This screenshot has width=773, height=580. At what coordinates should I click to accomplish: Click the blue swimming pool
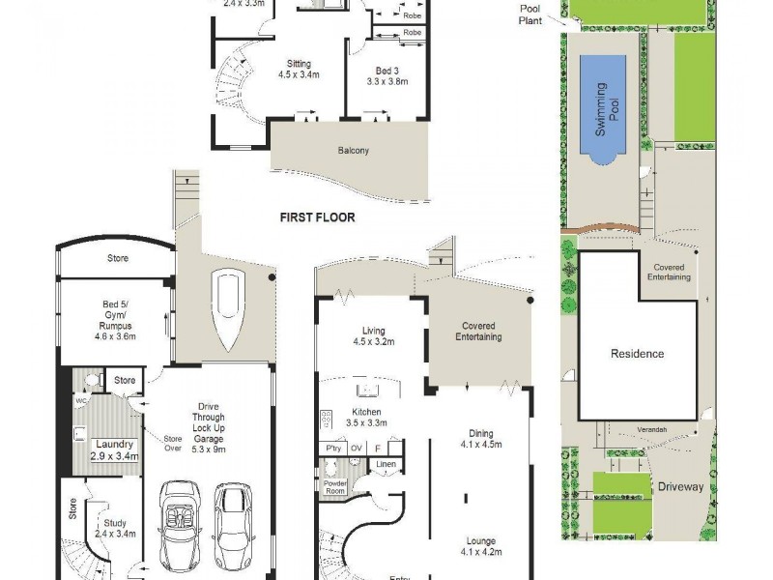(x=602, y=106)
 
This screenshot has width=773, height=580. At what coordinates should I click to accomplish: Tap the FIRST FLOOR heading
(x=317, y=217)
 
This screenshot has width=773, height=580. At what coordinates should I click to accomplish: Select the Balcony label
(x=353, y=151)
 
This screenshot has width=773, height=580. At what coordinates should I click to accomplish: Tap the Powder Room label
(x=334, y=487)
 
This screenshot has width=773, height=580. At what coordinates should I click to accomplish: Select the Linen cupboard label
(x=385, y=466)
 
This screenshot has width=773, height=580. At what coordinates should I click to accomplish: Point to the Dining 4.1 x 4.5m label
(x=478, y=440)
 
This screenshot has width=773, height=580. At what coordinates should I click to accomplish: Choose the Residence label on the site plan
(x=637, y=354)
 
